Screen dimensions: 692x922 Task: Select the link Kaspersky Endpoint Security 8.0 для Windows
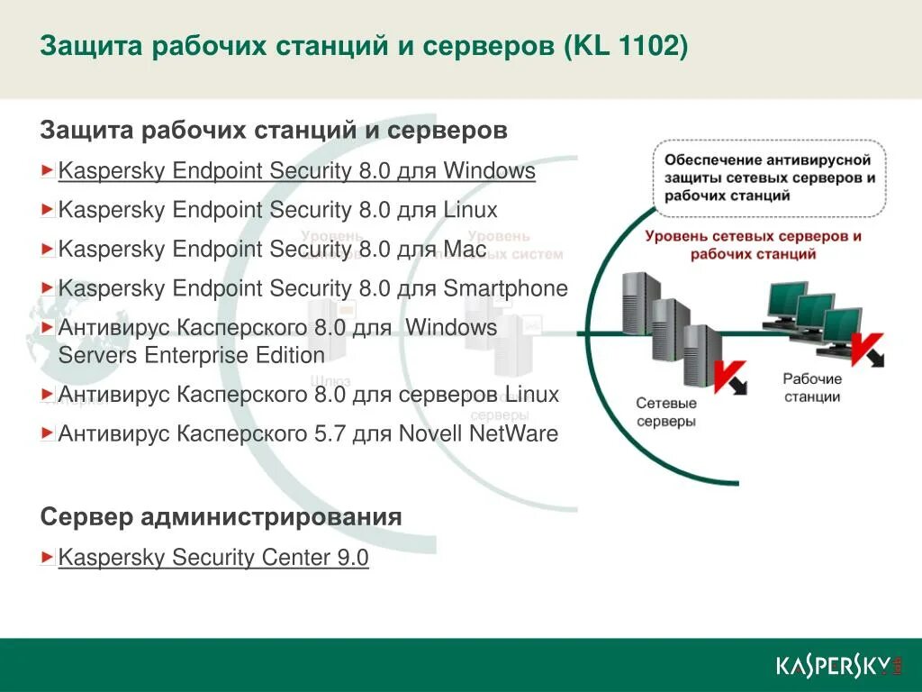[296, 171]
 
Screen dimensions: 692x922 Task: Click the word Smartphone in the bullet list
[505, 288]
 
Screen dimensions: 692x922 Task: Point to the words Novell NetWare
[500, 433]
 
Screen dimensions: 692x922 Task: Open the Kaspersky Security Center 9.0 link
[213, 558]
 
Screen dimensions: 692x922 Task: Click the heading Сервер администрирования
[221, 517]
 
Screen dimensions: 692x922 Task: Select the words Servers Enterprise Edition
[191, 355]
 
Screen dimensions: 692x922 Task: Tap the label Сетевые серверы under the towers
[665, 413]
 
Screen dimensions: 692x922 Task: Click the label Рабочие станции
[811, 387]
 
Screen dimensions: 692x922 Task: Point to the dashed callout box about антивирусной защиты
[768, 178]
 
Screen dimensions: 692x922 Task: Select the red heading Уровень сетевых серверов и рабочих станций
[754, 245]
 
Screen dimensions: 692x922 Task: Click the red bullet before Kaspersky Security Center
[48, 558]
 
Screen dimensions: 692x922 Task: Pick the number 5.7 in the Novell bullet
[329, 433]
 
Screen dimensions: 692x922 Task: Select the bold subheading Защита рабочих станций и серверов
[274, 131]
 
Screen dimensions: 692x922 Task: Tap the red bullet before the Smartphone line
[48, 288]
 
